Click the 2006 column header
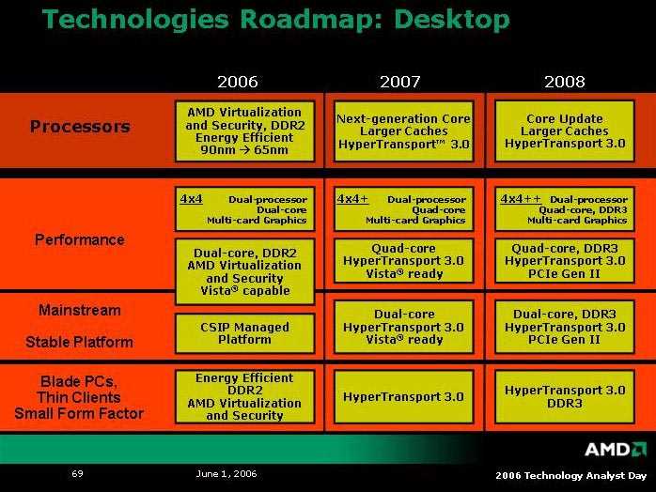238,82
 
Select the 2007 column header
400,82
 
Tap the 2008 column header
565,82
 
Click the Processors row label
80,127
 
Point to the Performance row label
80,239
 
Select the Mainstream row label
80,310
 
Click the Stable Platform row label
80,342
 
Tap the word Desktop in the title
452,20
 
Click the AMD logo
616,450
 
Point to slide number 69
77,473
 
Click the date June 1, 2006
226,473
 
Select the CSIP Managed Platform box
244,333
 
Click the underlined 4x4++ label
521,198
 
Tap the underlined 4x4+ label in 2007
352,198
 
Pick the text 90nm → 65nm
244,149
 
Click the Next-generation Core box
404,131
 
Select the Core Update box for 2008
565,131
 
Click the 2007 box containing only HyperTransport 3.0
404,396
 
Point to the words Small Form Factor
79,413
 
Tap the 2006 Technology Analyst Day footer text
571,475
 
